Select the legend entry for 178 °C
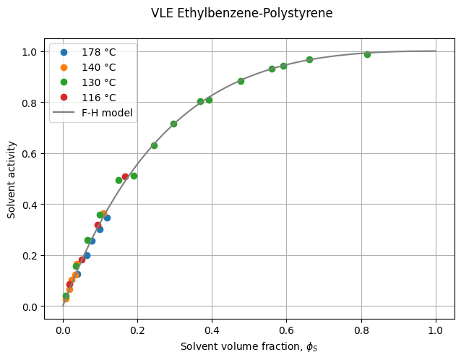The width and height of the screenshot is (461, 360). pyautogui.click(x=99, y=53)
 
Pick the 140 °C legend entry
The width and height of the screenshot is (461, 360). pyautogui.click(x=99, y=68)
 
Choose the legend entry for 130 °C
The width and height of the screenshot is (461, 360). pyautogui.click(x=99, y=82)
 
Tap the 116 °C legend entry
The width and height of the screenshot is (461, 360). pyautogui.click(x=99, y=98)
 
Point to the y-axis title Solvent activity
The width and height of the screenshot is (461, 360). pyautogui.click(x=12, y=178)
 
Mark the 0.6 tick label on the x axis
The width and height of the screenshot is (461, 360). pyautogui.click(x=287, y=330)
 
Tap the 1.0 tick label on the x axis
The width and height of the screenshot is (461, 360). pyautogui.click(x=436, y=330)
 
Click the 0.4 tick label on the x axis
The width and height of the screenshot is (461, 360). pyautogui.click(x=212, y=330)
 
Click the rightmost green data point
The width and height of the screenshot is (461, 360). pyautogui.click(x=367, y=54)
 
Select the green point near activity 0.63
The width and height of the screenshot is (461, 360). pyautogui.click(x=154, y=145)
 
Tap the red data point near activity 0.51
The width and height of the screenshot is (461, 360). pyautogui.click(x=125, y=176)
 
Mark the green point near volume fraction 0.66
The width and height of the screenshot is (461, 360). pyautogui.click(x=309, y=59)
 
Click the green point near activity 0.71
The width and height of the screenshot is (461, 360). pyautogui.click(x=173, y=124)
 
